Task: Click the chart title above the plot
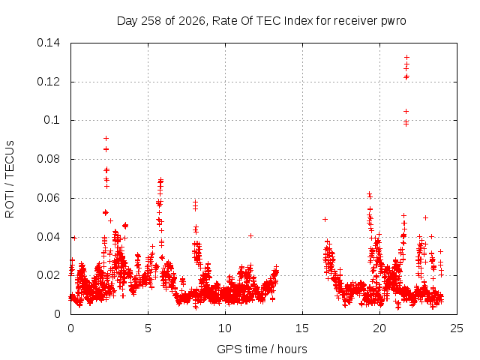(x=262, y=21)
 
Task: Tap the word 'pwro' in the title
(x=393, y=22)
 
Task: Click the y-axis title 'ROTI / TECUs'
(x=10, y=179)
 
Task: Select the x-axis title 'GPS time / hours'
(x=262, y=349)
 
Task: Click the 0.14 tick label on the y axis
(x=48, y=43)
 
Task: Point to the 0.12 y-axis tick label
(x=48, y=82)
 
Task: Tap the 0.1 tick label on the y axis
(x=52, y=120)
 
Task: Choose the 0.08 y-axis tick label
(x=48, y=159)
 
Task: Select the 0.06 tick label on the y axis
(x=48, y=198)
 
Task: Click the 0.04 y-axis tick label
(x=48, y=237)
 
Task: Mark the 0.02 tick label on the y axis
(x=48, y=275)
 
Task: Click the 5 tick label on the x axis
(x=148, y=328)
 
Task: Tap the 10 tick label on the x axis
(x=225, y=328)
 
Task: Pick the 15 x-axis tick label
(x=302, y=328)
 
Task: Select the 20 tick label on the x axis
(x=379, y=328)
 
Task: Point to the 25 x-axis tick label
(x=457, y=328)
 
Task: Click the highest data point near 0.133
(x=406, y=57)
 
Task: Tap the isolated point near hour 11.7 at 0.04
(x=250, y=235)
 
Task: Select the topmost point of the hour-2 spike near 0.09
(x=106, y=138)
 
